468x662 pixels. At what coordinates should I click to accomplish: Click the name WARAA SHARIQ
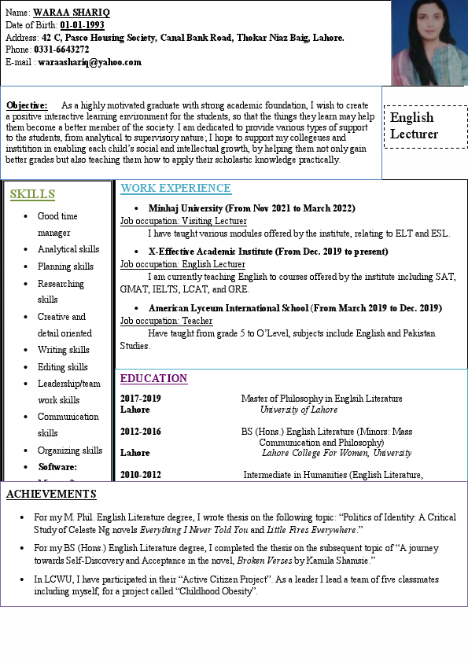pos(72,13)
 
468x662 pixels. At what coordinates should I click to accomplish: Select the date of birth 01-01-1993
pos(82,25)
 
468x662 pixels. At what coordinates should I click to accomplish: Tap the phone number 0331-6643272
pos(61,50)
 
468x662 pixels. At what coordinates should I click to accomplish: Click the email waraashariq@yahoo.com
pos(90,62)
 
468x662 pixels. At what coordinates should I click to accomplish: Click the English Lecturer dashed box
pos(425,126)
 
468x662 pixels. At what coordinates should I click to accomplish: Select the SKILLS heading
pos(32,194)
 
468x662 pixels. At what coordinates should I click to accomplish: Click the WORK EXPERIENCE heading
pos(175,189)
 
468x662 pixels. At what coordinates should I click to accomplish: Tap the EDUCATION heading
pos(153,379)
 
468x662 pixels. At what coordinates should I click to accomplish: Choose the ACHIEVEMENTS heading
pos(51,495)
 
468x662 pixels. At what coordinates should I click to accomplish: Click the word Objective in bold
pos(27,105)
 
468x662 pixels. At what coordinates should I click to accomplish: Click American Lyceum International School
pos(229,307)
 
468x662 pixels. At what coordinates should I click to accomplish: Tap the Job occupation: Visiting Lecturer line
pos(183,221)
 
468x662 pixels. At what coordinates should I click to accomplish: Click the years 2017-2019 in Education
pos(140,399)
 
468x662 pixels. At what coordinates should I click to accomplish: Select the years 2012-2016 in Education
pos(140,432)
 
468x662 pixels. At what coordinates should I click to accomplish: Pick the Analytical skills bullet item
pos(68,249)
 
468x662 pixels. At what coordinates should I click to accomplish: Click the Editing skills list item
pos(63,367)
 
